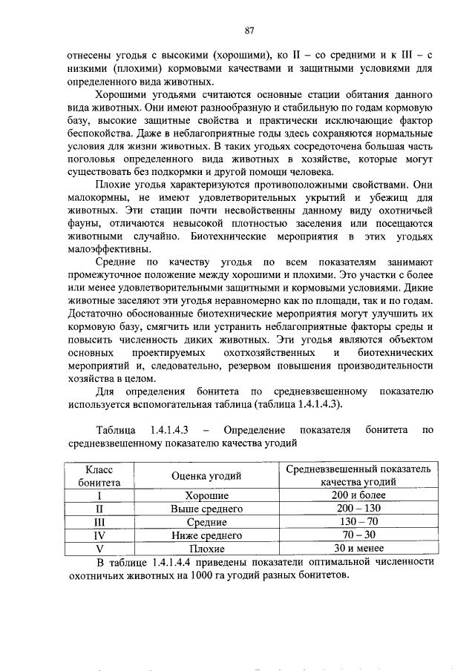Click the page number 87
[x=249, y=30]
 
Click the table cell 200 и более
[x=358, y=495]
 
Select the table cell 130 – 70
[x=358, y=522]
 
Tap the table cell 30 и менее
[x=358, y=548]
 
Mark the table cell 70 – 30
[x=358, y=535]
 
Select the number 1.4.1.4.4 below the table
[x=168, y=563]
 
